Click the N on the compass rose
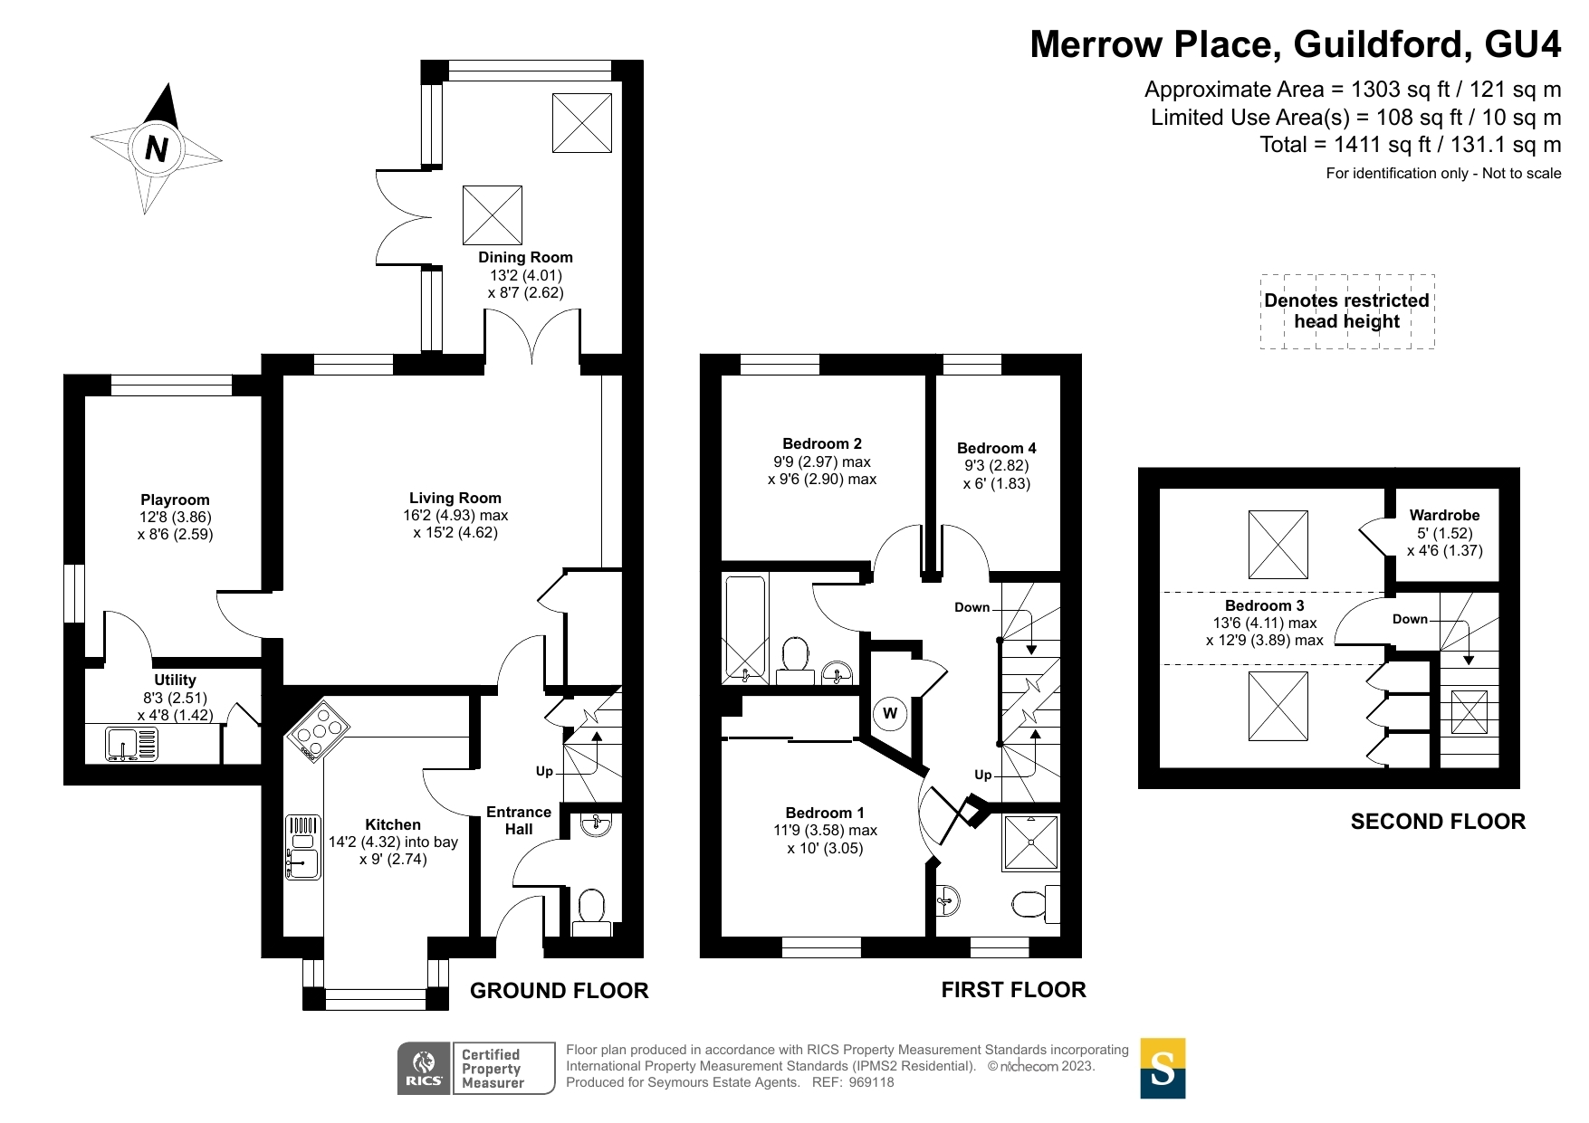(157, 148)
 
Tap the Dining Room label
(525, 257)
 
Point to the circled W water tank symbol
(890, 713)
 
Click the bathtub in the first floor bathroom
(745, 628)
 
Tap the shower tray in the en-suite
(1030, 842)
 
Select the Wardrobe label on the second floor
(1444, 515)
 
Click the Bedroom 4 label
(996, 448)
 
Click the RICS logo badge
(425, 1068)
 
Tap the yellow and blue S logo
(1163, 1068)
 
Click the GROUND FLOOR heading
(560, 991)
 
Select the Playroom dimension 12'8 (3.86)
(175, 517)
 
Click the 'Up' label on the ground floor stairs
(544, 771)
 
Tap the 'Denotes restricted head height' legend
(1347, 310)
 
